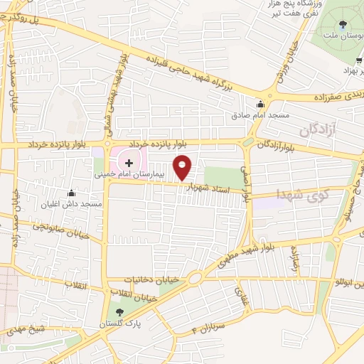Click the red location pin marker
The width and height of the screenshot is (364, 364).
click(x=183, y=166)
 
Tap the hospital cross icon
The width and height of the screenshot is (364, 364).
click(x=129, y=163)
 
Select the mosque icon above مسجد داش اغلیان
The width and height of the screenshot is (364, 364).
click(x=71, y=193)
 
